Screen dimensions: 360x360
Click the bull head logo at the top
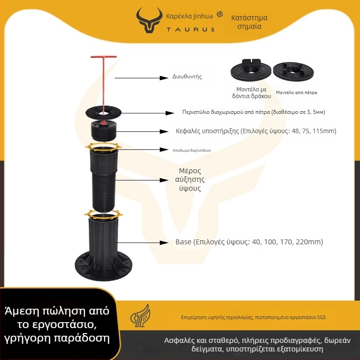[149, 20]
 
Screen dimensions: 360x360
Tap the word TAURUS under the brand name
[190, 29]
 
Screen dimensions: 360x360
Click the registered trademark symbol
[220, 14]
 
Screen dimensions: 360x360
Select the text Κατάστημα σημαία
[249, 22]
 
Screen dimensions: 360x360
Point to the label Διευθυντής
[187, 76]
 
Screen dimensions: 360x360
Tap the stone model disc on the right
[293, 72]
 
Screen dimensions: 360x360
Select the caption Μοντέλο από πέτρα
[297, 93]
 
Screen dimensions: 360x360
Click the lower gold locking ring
[103, 215]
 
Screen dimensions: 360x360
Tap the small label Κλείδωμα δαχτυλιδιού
[192, 150]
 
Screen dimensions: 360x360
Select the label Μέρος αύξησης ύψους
[190, 180]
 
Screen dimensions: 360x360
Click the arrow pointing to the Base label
[142, 243]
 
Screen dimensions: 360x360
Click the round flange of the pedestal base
[103, 266]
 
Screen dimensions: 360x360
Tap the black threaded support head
[103, 130]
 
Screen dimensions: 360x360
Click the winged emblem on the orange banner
[140, 315]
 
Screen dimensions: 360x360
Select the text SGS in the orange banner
[321, 317]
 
